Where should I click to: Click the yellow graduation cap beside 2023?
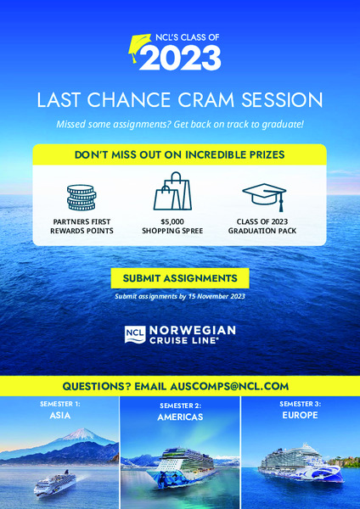139,48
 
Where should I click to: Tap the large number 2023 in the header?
180,58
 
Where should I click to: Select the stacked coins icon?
82,198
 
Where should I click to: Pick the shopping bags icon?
172,191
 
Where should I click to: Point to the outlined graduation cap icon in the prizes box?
264,197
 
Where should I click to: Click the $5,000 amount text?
172,222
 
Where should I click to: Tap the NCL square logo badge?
135,335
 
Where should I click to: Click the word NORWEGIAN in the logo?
193,331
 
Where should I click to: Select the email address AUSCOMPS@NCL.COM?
229,387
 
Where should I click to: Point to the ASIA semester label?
60,416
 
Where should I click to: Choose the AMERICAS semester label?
180,417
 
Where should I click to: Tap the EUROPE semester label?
300,415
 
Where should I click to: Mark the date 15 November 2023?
217,296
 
